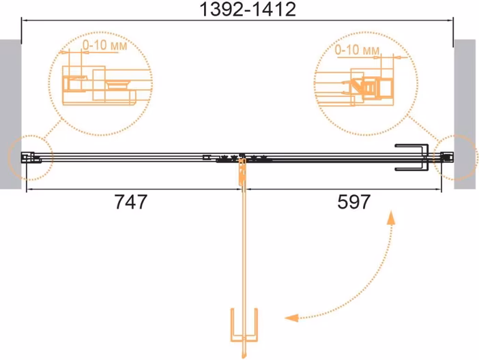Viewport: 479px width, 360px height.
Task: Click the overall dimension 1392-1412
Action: (x=248, y=9)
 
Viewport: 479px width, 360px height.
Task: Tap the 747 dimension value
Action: (x=131, y=202)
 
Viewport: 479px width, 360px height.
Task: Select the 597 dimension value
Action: (x=353, y=202)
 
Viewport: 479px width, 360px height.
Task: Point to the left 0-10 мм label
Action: (x=105, y=46)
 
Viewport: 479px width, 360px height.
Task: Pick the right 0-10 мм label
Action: (x=357, y=50)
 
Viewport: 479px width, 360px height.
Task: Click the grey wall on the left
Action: (x=10, y=114)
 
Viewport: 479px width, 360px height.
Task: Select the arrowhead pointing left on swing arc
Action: (x=291, y=318)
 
